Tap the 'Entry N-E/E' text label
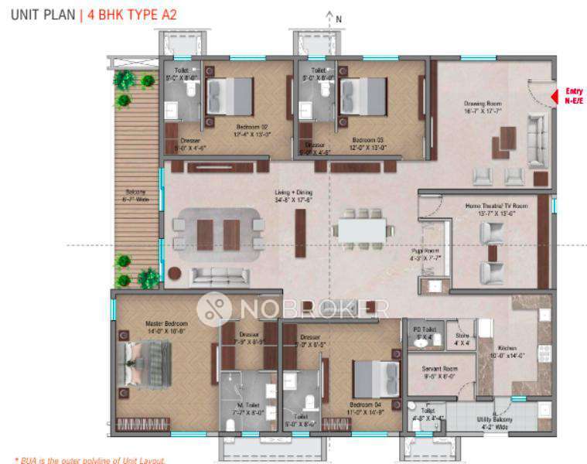point(574,94)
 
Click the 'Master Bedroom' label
point(162,325)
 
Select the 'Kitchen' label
point(507,349)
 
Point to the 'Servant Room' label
point(439,369)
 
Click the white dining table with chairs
point(360,229)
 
